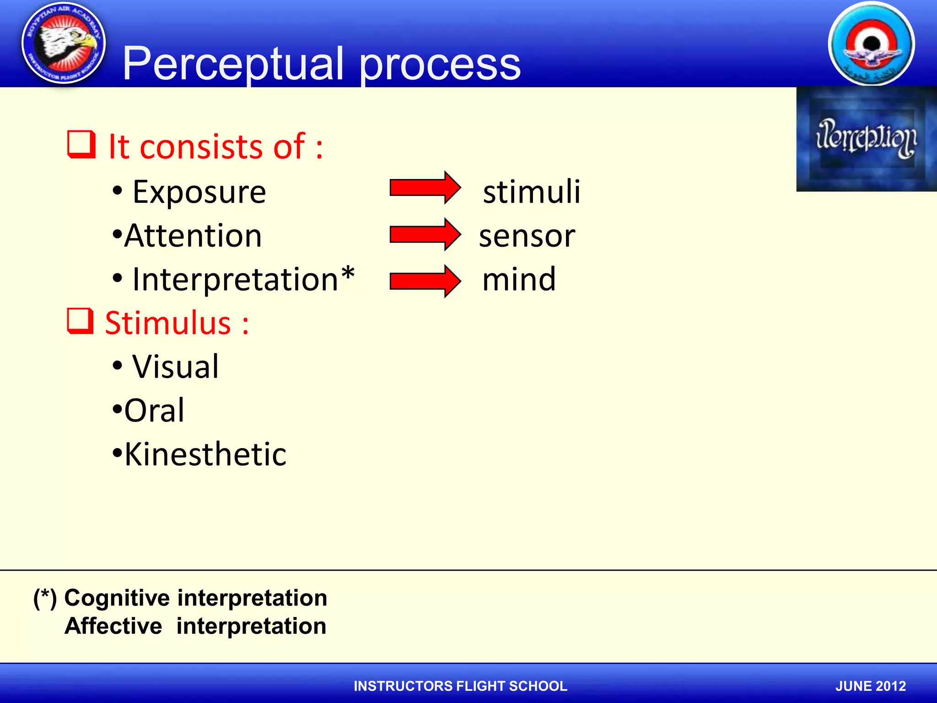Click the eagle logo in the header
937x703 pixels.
point(64,43)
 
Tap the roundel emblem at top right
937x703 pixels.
point(871,44)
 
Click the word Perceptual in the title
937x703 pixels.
point(233,64)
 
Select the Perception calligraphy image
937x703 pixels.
point(866,139)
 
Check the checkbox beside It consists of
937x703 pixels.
point(81,145)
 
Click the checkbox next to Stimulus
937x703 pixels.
point(81,321)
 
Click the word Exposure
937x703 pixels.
point(199,192)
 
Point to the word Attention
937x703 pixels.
point(193,236)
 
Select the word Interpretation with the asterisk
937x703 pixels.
point(242,279)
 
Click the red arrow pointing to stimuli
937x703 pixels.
point(425,188)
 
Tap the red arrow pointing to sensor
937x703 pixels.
point(425,234)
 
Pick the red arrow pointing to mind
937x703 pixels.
point(425,281)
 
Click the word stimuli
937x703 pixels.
point(532,191)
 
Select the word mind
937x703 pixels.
point(519,279)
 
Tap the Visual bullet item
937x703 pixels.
point(176,367)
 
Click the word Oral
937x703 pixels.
point(155,411)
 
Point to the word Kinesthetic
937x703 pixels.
point(205,454)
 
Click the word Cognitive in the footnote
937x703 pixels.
point(117,598)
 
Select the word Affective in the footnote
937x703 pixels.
point(113,626)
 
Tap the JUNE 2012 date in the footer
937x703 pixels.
point(870,686)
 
